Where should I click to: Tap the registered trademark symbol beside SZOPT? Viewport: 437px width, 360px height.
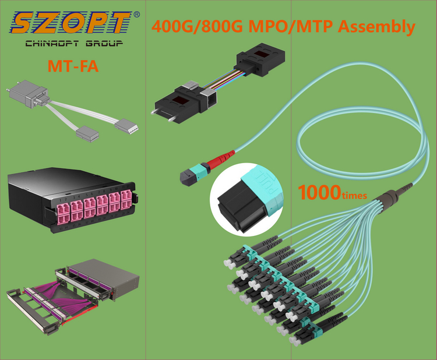(x=136, y=13)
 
